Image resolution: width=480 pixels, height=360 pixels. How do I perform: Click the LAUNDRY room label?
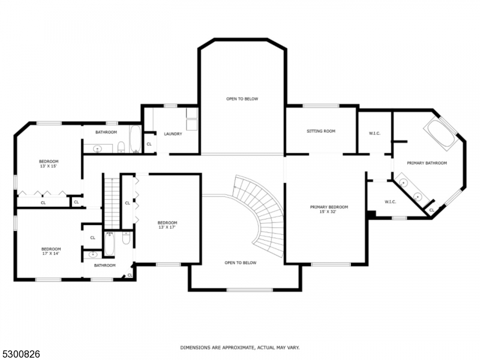tap(173, 134)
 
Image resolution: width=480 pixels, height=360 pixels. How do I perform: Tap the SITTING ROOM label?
tap(321, 131)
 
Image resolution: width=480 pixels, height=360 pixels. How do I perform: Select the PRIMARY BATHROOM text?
tap(427, 163)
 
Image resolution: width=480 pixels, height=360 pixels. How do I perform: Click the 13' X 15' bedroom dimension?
tap(49, 166)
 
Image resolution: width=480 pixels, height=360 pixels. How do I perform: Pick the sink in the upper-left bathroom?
tap(97, 148)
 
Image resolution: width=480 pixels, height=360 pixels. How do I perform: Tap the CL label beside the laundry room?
tap(149, 144)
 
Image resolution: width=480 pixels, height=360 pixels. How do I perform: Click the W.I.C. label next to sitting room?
tap(374, 133)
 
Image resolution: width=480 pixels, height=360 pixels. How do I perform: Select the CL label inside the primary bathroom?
tap(431, 210)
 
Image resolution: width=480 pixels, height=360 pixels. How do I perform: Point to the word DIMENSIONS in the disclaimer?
tap(197, 347)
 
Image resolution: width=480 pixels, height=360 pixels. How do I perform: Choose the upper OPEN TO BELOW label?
tap(242, 99)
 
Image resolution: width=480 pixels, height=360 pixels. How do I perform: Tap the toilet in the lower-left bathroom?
tap(127, 238)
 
